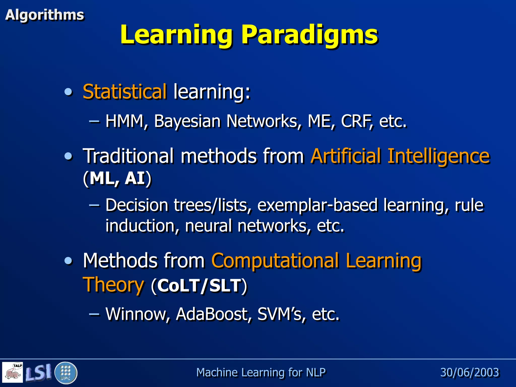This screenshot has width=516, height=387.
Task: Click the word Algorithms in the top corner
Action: pyautogui.click(x=44, y=15)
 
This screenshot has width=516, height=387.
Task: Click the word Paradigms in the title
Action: pyautogui.click(x=310, y=35)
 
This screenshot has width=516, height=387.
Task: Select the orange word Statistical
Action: pyautogui.click(x=124, y=91)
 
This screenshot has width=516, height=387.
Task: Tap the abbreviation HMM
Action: pyautogui.click(x=124, y=121)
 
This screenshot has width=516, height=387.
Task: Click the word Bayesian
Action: pyautogui.click(x=187, y=122)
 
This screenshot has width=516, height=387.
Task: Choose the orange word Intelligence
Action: pyautogui.click(x=438, y=156)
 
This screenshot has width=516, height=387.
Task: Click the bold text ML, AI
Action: pyautogui.click(x=117, y=178)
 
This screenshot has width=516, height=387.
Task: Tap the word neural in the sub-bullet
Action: pyautogui.click(x=208, y=226)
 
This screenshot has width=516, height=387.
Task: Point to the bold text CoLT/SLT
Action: pyautogui.click(x=199, y=286)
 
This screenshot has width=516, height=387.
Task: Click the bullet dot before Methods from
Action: pyautogui.click(x=68, y=261)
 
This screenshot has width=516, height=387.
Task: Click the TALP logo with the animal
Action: pyautogui.click(x=13, y=372)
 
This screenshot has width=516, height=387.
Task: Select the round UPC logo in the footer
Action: pyautogui.click(x=66, y=373)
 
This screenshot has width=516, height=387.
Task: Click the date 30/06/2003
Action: pyautogui.click(x=469, y=372)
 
